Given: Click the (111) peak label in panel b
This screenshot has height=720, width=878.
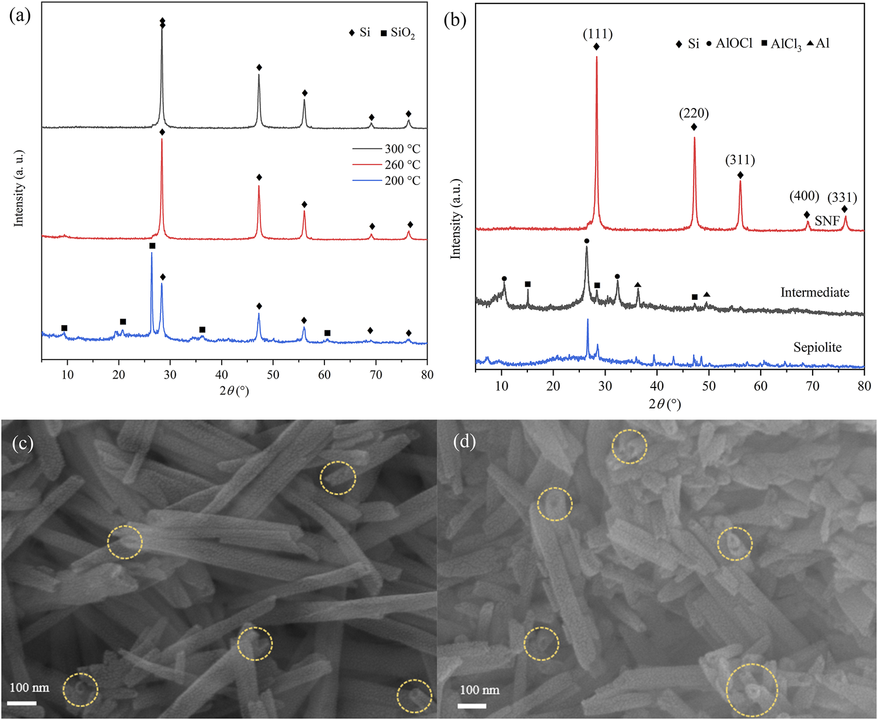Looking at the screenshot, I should pos(597,34).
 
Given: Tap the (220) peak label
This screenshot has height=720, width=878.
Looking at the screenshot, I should pos(694,113).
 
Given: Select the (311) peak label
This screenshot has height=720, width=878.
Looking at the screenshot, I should pos(740,160).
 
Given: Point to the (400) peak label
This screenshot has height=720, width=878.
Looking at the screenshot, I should pos(804,196).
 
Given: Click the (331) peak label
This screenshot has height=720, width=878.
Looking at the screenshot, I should pos(842,197).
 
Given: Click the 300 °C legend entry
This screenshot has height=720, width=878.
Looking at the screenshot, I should pos(402,149).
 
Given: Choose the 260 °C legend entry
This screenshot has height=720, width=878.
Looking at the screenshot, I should pos(402,165).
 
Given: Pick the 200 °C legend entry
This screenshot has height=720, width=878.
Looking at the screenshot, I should pos(402,181).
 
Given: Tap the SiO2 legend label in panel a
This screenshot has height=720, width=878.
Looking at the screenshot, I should pos(403,33).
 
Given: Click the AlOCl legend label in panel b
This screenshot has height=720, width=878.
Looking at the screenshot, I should pos(734,44).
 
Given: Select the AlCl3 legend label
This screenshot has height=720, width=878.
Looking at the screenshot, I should pos(785,44).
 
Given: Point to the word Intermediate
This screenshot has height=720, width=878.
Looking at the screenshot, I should pos(814,292).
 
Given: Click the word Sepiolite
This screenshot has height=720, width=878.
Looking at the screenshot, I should pos(817,348).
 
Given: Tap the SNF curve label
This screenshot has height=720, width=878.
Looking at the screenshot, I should pos(827,221).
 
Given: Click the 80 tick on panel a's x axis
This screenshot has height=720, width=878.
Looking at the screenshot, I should pos(427,375).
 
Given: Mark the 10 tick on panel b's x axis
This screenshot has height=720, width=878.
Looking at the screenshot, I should pos(501,386).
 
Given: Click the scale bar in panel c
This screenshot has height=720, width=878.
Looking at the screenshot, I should pos(23,703).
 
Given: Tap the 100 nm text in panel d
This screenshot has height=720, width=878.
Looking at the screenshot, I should pos(480,690).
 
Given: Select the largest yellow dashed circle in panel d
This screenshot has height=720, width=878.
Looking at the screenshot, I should pos(751,690).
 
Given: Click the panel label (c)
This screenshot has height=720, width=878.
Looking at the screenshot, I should pos(22,443).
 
